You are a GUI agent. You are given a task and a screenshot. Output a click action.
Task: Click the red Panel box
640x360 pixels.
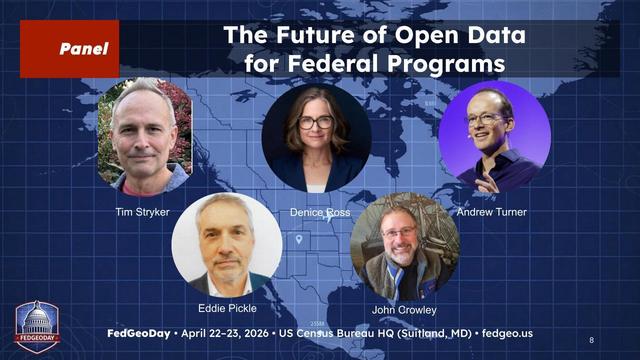[70, 49]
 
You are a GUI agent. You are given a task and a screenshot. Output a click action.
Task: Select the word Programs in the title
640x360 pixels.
[446, 64]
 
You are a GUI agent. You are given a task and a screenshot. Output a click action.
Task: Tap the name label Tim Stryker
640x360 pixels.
[142, 212]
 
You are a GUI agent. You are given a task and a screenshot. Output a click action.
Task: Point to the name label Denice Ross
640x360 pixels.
[320, 212]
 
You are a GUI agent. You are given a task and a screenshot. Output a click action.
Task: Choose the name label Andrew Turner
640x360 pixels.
[491, 212]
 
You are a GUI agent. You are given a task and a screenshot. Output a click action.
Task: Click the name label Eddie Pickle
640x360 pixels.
[227, 308]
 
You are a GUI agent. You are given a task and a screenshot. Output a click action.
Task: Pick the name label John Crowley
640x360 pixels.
[404, 310]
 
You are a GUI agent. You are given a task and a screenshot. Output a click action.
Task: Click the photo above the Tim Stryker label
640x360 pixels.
[145, 137]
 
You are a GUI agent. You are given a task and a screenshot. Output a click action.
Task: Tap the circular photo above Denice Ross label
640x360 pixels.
[316, 138]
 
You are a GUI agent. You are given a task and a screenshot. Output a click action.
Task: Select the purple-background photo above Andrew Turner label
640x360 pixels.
[495, 137]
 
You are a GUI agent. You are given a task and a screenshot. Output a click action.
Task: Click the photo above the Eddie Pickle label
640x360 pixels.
[227, 245]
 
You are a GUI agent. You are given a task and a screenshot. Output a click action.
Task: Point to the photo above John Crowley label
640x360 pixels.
[405, 247]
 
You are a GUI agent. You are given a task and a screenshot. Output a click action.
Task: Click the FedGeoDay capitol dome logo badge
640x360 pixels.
[37, 327]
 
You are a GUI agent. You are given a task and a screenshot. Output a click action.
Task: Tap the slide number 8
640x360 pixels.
[591, 340]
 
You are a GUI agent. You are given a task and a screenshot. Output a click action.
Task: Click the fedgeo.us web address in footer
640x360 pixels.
[507, 333]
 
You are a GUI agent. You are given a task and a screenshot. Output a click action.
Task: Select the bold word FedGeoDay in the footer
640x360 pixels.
[139, 333]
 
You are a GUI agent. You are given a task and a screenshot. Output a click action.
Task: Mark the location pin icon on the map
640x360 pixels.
[299, 240]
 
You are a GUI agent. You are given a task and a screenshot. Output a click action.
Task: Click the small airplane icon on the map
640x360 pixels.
[328, 217]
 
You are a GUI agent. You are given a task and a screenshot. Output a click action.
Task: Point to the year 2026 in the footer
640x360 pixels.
[256, 333]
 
